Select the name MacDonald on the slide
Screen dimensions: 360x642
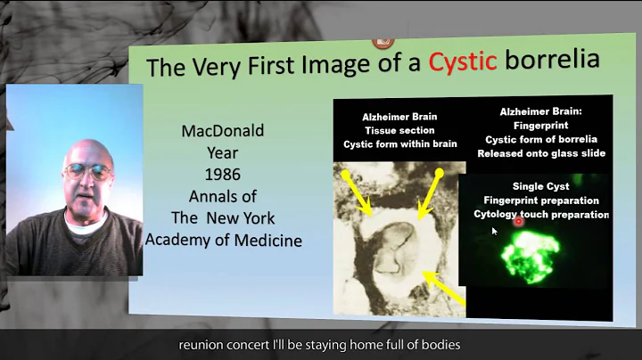click(224, 131)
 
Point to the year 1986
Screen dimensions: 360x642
click(224, 175)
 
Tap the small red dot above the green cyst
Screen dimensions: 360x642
click(518, 221)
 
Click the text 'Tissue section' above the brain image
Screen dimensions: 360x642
click(387, 132)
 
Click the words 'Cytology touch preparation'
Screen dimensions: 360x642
click(541, 215)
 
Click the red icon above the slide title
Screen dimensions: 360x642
click(384, 40)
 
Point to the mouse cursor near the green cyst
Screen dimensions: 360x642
click(493, 231)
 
